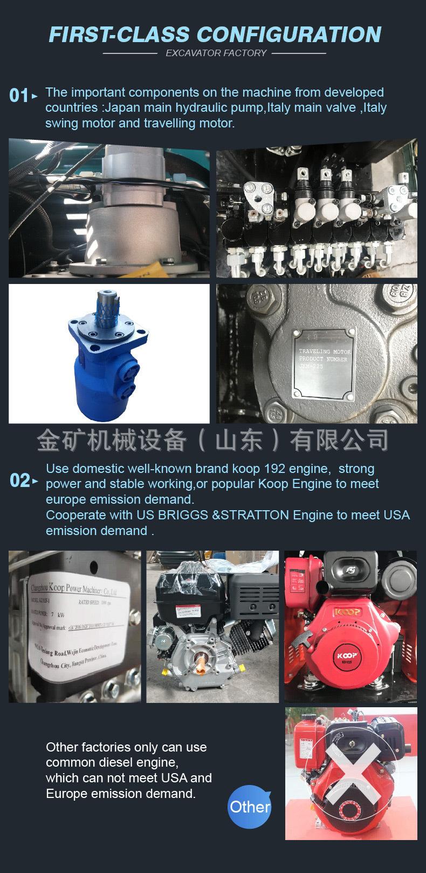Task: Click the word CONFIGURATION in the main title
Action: pos(289,34)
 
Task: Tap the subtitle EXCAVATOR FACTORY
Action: pos(216,53)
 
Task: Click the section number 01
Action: pos(19,96)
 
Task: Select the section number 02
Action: pos(20,480)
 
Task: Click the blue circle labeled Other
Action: pos(250,807)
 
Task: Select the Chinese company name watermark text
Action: pos(212,441)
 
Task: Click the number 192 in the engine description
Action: pos(293,469)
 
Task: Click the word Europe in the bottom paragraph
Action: pos(67,793)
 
